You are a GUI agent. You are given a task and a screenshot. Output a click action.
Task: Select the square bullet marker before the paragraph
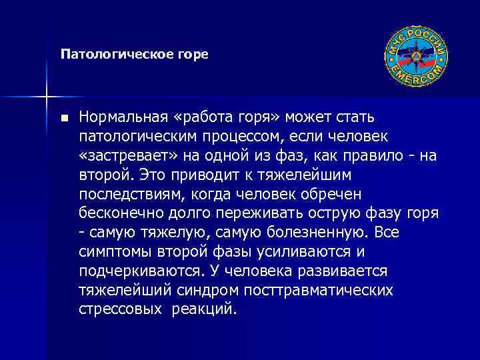tap(63, 118)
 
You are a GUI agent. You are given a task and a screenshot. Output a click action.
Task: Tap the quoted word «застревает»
tap(127, 155)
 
